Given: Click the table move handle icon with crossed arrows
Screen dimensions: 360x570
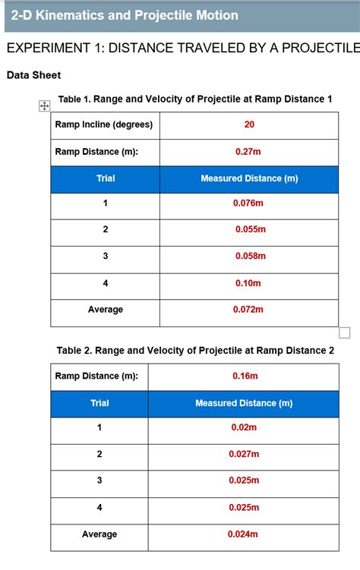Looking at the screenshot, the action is pyautogui.click(x=43, y=105).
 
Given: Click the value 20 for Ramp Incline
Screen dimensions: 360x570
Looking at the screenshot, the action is pyautogui.click(x=249, y=125).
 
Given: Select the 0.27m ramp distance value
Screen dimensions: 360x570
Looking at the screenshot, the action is pyautogui.click(x=248, y=152).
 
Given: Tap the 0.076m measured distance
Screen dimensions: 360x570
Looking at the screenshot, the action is pyautogui.click(x=248, y=203).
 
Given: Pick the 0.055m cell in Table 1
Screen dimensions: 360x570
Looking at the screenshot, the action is pyautogui.click(x=249, y=229).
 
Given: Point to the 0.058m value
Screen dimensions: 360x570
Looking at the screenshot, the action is pyautogui.click(x=249, y=257).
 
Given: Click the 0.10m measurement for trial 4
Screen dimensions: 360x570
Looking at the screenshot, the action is pyautogui.click(x=248, y=283).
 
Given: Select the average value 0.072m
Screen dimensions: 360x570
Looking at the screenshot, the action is pyautogui.click(x=248, y=310).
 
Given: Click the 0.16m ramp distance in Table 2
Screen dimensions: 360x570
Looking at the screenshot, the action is pyautogui.click(x=245, y=376).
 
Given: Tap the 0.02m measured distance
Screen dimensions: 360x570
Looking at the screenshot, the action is pyautogui.click(x=244, y=428).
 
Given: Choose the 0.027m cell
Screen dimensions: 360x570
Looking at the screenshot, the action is pyautogui.click(x=244, y=455).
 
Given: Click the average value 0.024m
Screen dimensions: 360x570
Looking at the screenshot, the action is pyautogui.click(x=244, y=534).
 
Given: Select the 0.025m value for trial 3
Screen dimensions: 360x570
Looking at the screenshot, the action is pyautogui.click(x=244, y=481).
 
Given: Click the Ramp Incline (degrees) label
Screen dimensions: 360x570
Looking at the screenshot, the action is pyautogui.click(x=104, y=125).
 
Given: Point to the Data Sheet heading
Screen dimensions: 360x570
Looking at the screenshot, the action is pyautogui.click(x=33, y=75).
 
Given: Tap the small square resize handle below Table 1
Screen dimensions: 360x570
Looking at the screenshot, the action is pyautogui.click(x=344, y=332).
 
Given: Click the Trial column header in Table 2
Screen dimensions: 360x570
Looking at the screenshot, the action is pyautogui.click(x=99, y=403).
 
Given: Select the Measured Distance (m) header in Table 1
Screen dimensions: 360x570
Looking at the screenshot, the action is pyautogui.click(x=249, y=179).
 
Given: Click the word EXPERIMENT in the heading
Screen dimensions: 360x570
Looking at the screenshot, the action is pyautogui.click(x=52, y=49).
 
